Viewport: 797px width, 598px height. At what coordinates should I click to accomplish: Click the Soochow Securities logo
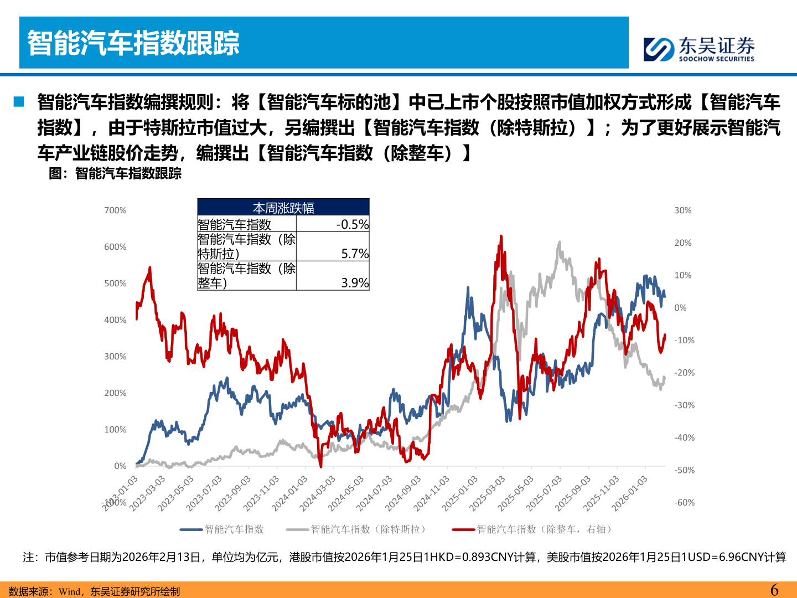coord(699,49)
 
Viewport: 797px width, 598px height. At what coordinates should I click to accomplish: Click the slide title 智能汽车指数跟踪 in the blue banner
coord(133,43)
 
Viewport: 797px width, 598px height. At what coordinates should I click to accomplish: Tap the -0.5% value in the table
coord(352,224)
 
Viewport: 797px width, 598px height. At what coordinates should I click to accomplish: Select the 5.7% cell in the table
coord(355,254)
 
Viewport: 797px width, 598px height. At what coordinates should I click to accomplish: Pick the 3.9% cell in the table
coord(355,283)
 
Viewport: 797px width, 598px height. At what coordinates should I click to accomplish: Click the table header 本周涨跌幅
coord(283,208)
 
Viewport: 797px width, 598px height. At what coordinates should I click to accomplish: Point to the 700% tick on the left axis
coord(115,210)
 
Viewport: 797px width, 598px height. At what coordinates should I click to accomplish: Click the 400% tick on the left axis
coord(115,320)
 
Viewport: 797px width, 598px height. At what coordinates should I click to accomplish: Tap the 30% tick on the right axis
coord(683,210)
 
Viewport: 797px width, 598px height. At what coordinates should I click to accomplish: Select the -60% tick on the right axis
coord(685,503)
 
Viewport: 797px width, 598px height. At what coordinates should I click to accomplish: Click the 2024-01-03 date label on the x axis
coord(289,493)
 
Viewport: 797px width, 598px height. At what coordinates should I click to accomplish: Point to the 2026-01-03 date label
coord(629,493)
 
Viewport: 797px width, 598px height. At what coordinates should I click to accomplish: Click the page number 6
coord(774,590)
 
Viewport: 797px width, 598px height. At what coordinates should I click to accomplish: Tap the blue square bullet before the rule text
coord(19,101)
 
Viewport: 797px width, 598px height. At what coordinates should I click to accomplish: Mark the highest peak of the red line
coord(501,236)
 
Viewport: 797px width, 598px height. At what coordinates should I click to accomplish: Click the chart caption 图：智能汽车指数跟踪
coord(115,173)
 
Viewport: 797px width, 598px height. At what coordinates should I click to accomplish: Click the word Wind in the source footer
coord(69,591)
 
